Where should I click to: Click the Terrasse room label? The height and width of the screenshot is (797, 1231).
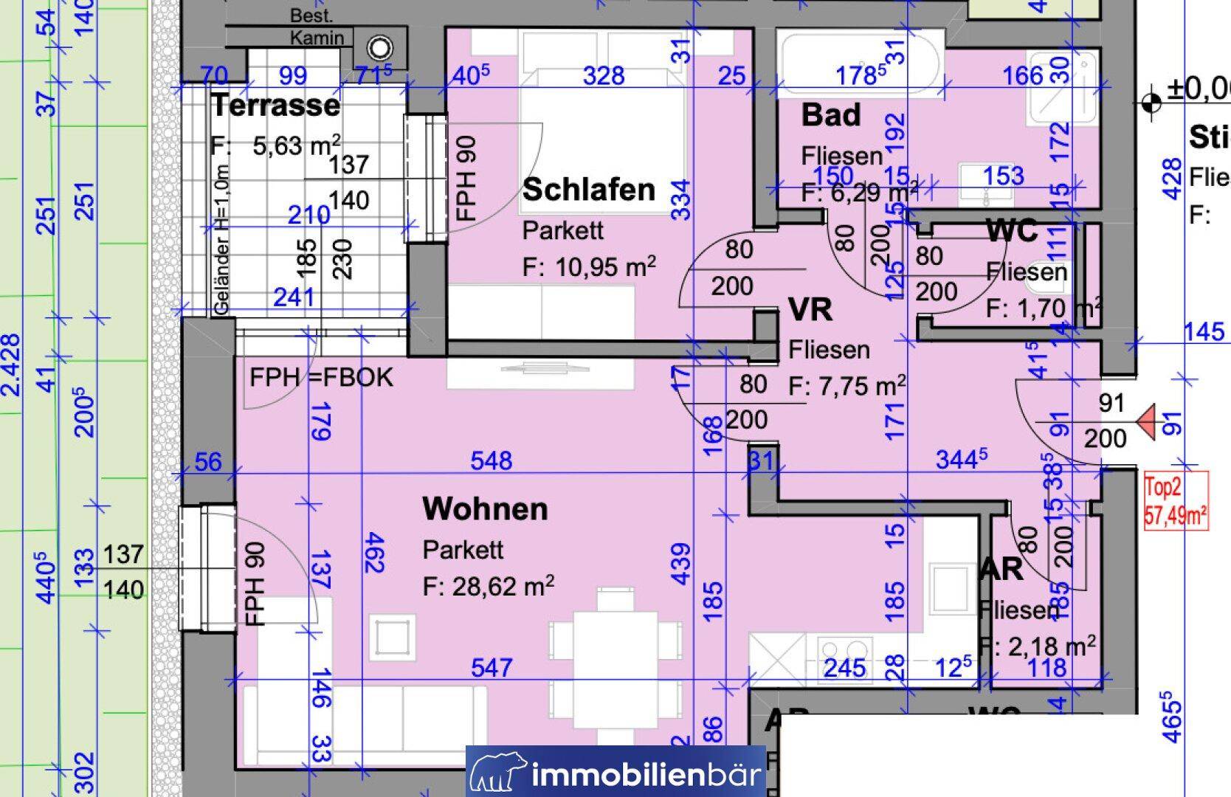(276, 106)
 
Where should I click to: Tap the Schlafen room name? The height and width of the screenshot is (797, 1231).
(588, 190)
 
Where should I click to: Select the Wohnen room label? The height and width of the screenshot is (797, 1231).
(485, 509)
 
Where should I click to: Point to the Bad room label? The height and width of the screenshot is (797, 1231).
(831, 115)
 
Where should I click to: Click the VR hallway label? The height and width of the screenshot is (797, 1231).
(810, 309)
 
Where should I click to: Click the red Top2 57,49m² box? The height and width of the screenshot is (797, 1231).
(1176, 502)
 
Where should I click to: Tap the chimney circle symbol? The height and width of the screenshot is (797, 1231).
(380, 49)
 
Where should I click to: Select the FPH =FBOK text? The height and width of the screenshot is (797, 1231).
(321, 378)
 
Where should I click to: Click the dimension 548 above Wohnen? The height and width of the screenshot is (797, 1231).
(491, 461)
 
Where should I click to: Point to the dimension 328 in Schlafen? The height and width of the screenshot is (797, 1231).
(603, 75)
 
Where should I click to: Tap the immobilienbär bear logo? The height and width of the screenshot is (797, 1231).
(499, 773)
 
